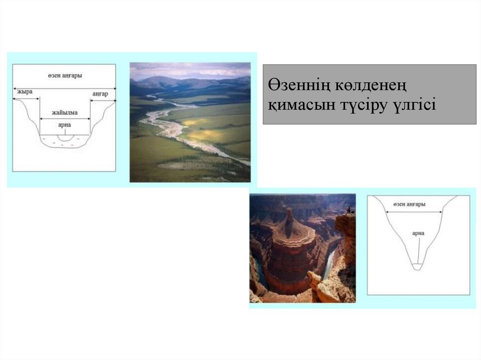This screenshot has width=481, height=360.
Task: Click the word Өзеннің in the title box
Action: point(297,87)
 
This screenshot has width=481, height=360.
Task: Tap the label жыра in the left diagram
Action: point(25,92)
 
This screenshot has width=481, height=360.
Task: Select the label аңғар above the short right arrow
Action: point(100,94)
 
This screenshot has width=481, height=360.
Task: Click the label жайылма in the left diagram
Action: point(65,113)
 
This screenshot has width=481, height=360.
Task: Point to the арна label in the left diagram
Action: point(64,125)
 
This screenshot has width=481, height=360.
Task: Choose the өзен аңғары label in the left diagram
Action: point(65,76)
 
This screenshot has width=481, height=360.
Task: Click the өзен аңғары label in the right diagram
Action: point(410,205)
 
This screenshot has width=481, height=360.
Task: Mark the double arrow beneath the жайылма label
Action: point(65,119)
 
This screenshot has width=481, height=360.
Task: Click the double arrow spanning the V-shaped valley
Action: point(414,212)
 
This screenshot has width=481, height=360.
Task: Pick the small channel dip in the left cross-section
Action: point(65,138)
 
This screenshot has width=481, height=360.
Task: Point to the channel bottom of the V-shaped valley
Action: point(417,267)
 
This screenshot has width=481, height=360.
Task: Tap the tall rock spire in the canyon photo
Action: point(289,221)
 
